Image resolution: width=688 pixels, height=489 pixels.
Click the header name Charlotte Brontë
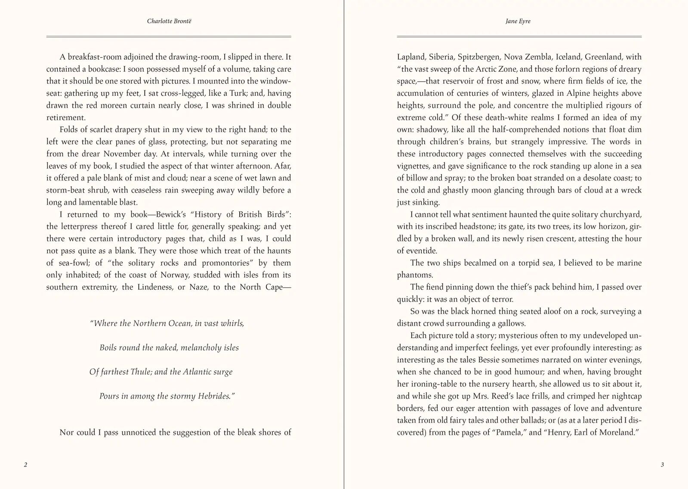[169, 21]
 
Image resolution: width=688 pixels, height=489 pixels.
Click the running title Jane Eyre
[518, 21]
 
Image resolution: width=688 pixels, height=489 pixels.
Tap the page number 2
[25, 465]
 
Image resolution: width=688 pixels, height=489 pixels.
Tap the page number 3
[662, 465]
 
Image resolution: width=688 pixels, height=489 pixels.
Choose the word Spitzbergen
[478, 57]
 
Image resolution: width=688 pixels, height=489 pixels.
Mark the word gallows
[512, 324]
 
